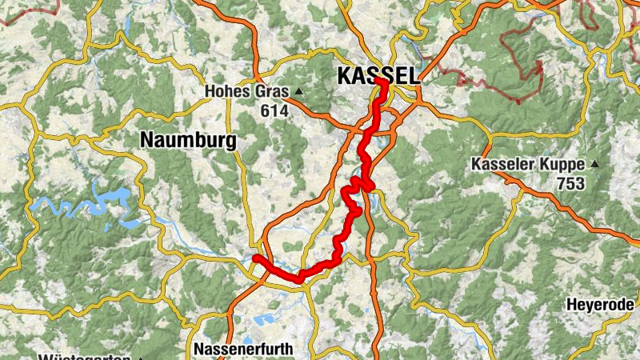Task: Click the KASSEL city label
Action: (378, 75)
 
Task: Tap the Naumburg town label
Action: (188, 140)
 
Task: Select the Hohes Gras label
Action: (249, 91)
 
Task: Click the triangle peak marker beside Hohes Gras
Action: (298, 90)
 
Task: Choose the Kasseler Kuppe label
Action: (529, 165)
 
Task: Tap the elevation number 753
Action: (572, 184)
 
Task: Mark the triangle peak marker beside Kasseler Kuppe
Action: (594, 164)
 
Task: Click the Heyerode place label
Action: (600, 305)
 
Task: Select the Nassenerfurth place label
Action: (244, 350)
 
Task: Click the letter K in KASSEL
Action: (345, 75)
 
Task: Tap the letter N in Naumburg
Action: (146, 140)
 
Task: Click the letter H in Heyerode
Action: (571, 305)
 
